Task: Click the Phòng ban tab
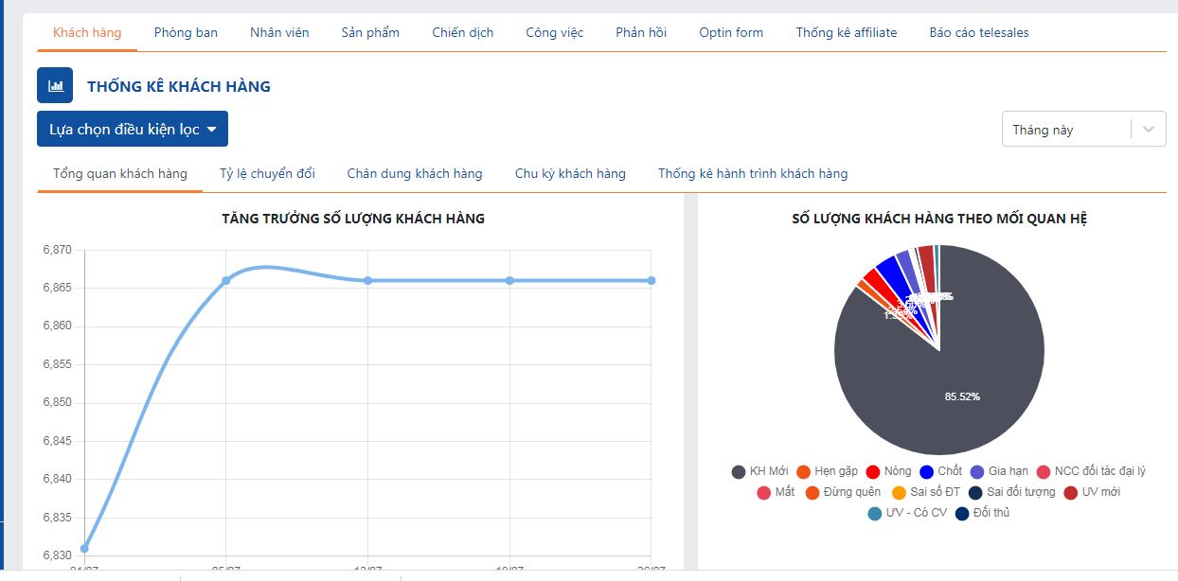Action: coord(186,32)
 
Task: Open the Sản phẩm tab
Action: coord(370,32)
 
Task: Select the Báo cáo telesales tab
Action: coord(979,32)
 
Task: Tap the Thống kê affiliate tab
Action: coord(847,32)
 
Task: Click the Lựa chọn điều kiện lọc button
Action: coord(133,129)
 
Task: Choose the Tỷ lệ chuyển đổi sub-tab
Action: coord(267,173)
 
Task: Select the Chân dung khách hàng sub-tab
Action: coord(415,173)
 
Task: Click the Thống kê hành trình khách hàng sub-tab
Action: coord(753,173)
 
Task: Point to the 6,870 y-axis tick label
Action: coord(57,250)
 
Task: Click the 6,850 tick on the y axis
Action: coord(57,403)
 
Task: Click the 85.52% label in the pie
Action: coord(962,396)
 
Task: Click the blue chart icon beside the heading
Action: coord(55,85)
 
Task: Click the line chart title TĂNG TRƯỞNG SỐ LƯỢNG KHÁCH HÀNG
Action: coord(353,219)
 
